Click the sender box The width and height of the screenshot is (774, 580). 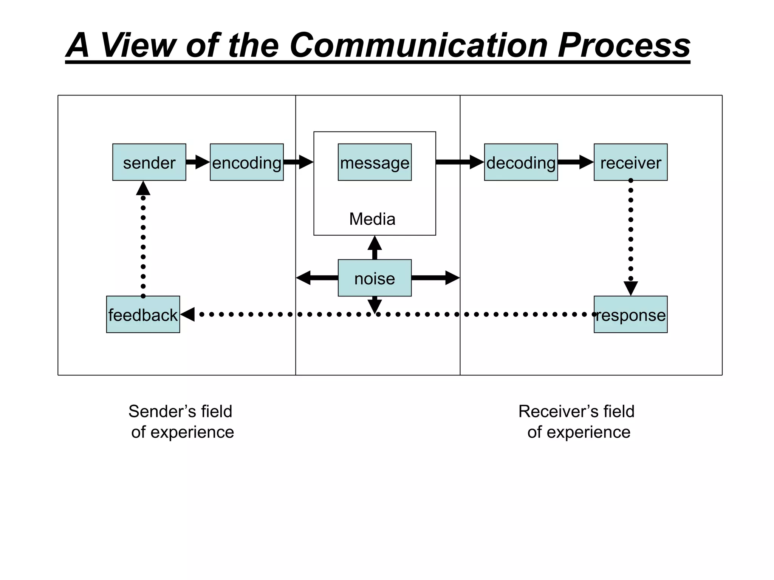coord(149,162)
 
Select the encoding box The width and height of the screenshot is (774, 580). coord(246,162)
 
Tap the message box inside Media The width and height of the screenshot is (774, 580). coord(375,162)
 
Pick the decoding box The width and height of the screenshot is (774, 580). coord(521,162)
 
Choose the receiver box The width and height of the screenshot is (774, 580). coord(630,162)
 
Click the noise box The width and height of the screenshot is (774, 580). coord(375,278)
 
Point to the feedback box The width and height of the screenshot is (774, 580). coord(143,315)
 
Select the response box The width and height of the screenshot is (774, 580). coord(630,315)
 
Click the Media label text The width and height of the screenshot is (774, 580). coord(372,219)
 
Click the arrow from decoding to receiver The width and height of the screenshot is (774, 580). coord(576,162)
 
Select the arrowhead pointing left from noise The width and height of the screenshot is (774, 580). coord(304,278)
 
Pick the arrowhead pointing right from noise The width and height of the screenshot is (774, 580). coord(452,278)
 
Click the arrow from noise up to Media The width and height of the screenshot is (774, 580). coord(375,247)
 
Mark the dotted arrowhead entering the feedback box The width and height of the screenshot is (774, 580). coord(188,314)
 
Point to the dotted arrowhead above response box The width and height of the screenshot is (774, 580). coord(630,288)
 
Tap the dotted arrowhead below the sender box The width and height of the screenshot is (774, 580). coord(143,188)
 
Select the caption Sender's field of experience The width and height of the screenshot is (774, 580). coord(181,421)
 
